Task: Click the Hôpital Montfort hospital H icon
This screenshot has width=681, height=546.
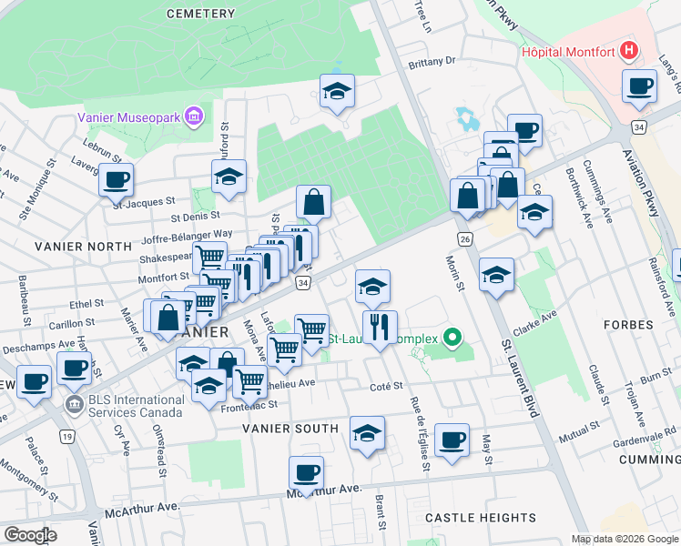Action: coord(628,51)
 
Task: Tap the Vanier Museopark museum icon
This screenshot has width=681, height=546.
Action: coord(193,116)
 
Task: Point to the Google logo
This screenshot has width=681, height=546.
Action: coord(30,534)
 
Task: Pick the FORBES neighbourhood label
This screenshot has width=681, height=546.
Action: coord(628,325)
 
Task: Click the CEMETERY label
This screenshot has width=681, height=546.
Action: coord(201,13)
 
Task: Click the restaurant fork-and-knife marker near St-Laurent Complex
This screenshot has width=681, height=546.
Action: coord(380,327)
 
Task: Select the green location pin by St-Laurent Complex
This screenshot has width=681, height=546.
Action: coord(452,339)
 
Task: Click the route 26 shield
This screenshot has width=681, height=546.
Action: coord(464,238)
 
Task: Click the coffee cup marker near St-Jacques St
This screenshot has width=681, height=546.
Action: coord(116,179)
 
